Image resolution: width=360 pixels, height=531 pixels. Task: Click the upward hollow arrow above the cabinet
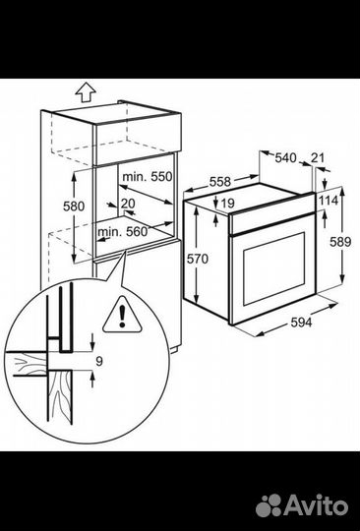86,91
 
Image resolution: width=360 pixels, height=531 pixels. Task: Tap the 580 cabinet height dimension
74,206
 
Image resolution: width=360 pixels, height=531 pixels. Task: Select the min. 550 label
148,176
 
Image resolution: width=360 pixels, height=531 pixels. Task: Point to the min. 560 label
123,232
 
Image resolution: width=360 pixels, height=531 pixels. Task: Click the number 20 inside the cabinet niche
128,204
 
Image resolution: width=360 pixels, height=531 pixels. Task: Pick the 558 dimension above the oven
219,182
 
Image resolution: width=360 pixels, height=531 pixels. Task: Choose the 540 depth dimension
285,157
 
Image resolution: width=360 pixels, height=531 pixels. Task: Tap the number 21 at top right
318,157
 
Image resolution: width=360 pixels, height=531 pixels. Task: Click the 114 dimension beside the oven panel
329,201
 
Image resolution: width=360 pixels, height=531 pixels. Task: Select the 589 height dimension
340,242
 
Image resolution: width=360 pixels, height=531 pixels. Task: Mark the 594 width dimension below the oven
301,323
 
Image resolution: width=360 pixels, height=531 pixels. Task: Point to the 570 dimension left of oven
198,259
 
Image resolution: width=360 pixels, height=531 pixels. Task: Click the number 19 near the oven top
228,204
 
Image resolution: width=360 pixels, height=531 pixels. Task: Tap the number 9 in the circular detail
99,361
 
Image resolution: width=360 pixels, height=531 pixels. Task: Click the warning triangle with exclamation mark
122,315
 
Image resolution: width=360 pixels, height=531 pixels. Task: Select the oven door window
274,268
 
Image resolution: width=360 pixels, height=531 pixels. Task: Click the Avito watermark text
317,505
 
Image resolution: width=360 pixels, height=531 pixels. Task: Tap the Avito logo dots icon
269,505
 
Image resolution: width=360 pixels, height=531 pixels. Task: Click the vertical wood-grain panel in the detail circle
60,396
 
